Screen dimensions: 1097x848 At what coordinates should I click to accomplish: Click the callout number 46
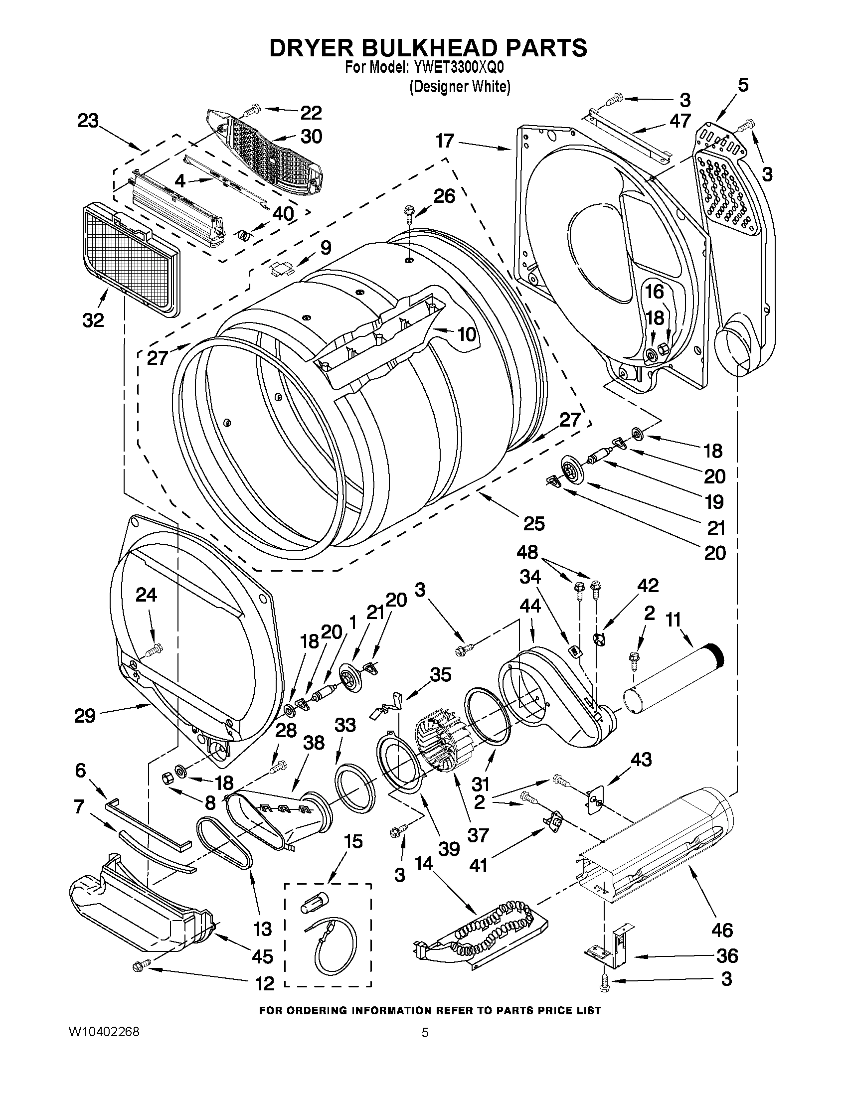722,930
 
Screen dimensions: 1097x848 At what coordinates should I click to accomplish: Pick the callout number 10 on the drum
467,334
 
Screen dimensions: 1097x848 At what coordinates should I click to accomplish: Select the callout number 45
262,956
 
